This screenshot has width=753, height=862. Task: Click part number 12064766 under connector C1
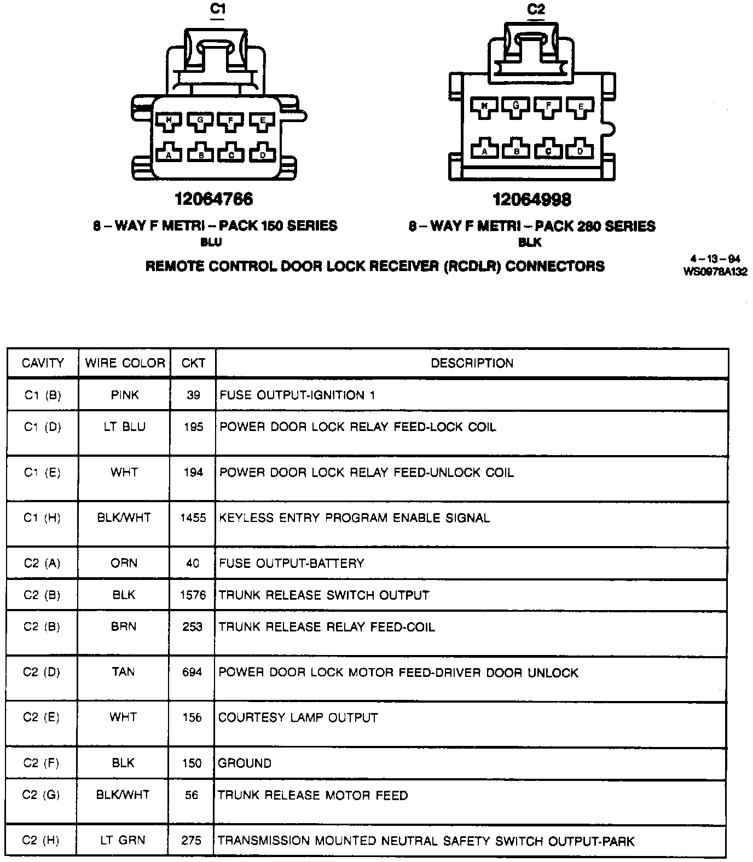[214, 199]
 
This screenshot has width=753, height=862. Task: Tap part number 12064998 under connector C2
[532, 200]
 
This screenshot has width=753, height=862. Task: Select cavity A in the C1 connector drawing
[169, 154]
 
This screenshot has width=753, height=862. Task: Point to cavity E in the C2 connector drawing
[581, 107]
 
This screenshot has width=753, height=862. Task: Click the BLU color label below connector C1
[211, 242]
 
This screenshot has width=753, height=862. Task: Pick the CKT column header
[193, 363]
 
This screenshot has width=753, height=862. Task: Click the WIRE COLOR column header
[125, 363]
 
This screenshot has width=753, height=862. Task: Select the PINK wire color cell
[125, 395]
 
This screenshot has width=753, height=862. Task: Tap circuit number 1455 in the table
[193, 518]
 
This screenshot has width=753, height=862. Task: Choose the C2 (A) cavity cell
[42, 564]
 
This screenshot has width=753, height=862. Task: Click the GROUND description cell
[245, 763]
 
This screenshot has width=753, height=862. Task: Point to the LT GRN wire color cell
[123, 840]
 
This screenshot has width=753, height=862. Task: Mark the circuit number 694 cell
[192, 672]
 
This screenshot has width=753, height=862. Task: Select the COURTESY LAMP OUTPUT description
[298, 718]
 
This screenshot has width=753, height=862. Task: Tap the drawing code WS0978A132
[715, 272]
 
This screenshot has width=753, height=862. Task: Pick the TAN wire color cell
[123, 672]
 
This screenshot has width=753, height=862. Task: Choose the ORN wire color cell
[124, 564]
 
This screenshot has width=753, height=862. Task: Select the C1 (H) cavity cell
[42, 518]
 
